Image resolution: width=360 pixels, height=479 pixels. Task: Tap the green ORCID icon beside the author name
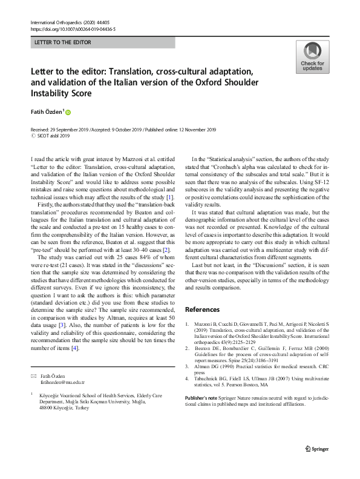(x=68, y=112)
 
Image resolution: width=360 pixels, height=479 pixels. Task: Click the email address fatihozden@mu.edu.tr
(x=62, y=383)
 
